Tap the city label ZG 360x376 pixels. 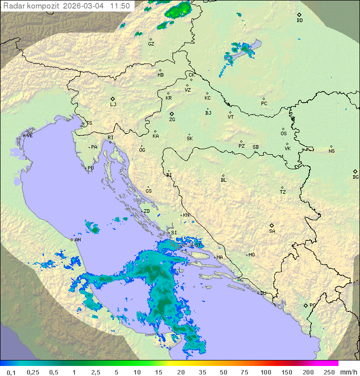click(x=172, y=120)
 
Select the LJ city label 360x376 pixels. click(x=113, y=105)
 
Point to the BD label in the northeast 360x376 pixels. click(x=299, y=21)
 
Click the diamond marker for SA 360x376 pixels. click(x=272, y=225)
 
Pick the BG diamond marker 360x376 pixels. click(x=355, y=171)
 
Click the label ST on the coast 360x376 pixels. click(x=198, y=245)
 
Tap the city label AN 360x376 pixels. click(x=77, y=240)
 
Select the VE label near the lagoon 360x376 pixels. click(x=29, y=136)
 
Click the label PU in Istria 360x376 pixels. click(x=90, y=168)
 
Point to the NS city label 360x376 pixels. click(x=331, y=151)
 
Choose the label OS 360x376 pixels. click(x=283, y=134)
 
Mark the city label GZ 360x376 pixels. click(x=151, y=44)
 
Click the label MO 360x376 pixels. click(x=251, y=255)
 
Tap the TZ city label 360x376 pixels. click(x=283, y=192)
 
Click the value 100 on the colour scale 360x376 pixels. click(x=265, y=372)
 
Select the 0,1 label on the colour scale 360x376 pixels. click(x=11, y=372)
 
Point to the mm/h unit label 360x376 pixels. click(x=347, y=372)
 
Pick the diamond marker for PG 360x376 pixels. click(x=305, y=305)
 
